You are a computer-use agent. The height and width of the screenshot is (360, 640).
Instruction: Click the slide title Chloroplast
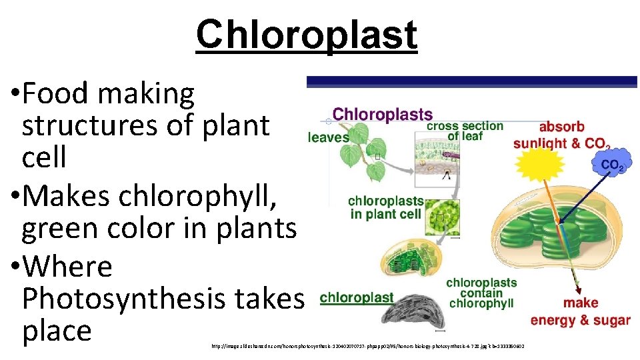click(x=306, y=35)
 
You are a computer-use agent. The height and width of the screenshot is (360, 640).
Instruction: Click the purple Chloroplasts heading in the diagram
click(x=382, y=115)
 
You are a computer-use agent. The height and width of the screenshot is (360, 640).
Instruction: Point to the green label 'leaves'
click(x=328, y=137)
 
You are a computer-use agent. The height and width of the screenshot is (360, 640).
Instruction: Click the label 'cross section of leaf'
click(x=465, y=131)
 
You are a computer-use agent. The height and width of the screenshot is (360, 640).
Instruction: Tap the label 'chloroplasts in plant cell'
click(x=385, y=207)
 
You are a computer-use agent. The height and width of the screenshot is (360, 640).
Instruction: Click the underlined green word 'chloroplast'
click(x=357, y=298)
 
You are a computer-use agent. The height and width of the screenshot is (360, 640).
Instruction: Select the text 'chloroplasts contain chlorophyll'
click(x=481, y=293)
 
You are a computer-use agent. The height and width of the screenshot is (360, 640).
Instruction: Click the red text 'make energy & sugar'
click(x=580, y=312)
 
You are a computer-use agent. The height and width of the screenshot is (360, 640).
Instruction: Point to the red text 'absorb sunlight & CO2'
click(x=561, y=135)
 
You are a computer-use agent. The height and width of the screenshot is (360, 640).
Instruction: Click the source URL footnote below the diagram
click(x=367, y=347)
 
